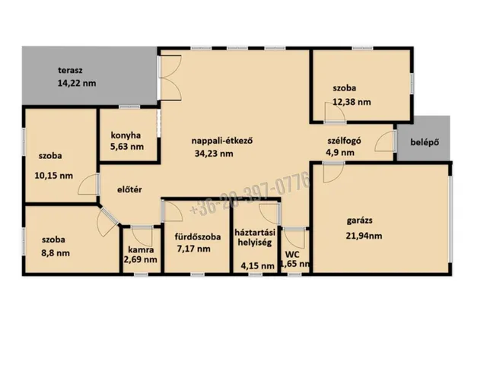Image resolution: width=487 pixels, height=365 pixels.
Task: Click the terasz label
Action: [x=70, y=71]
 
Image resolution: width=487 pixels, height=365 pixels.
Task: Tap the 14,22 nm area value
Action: [x=77, y=83]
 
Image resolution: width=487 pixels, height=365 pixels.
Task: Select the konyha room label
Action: [x=126, y=135]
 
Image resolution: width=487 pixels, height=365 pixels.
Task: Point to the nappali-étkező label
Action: [x=222, y=141]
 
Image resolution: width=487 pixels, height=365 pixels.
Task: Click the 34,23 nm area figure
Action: [x=214, y=154]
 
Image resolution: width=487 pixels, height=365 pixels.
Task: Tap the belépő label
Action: [x=425, y=142]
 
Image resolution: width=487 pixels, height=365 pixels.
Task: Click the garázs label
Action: [x=360, y=221]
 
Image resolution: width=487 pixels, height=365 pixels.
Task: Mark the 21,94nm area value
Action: [x=364, y=236]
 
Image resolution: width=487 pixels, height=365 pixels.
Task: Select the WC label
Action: [x=292, y=255]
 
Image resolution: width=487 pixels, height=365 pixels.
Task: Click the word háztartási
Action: [x=255, y=232]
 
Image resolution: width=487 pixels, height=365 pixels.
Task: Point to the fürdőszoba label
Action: [x=198, y=237]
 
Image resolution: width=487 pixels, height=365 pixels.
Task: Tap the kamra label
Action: [x=141, y=250]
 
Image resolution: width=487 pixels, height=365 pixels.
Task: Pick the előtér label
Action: [x=129, y=189]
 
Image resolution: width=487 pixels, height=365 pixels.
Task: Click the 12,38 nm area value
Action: [x=352, y=102]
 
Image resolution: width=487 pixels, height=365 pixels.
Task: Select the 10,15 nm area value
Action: [x=54, y=176]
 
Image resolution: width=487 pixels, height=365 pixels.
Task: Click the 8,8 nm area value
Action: [x=56, y=253]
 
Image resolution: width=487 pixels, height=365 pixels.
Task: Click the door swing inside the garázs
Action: [x=334, y=173]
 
